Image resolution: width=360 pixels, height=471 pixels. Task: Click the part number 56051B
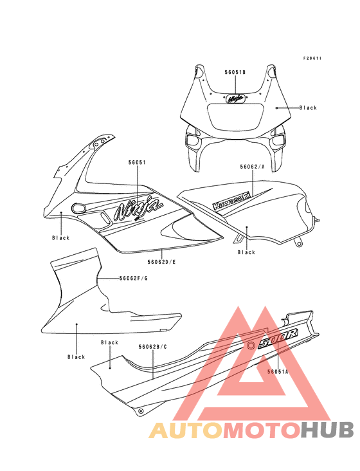(235, 73)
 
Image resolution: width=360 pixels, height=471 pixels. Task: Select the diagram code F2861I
(312, 59)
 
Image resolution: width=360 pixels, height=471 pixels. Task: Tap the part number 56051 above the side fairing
(137, 163)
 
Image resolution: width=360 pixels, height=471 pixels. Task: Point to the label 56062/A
(252, 167)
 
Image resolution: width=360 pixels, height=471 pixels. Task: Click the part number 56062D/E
(161, 262)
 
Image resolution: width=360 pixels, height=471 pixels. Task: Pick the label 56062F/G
(134, 278)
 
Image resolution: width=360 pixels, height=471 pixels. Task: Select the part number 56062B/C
(153, 347)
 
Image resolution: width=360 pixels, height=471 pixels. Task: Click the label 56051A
(278, 371)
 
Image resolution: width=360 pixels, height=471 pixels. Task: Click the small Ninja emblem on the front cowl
(235, 98)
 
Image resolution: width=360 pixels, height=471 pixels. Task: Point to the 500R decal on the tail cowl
(278, 338)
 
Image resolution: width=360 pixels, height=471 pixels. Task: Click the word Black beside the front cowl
(308, 107)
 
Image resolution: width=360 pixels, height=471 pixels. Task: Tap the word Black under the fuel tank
(246, 252)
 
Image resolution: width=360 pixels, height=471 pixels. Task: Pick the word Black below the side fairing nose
(61, 238)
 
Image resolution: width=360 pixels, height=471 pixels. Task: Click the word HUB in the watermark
(327, 430)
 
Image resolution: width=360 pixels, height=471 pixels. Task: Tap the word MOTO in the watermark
(262, 430)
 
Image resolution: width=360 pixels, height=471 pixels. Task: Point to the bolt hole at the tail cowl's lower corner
(141, 411)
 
